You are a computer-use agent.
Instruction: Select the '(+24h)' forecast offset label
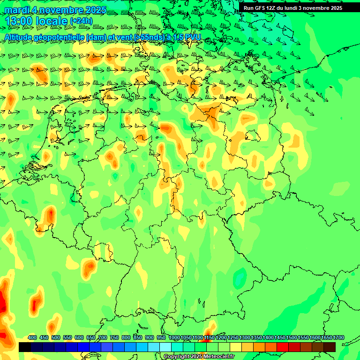81,21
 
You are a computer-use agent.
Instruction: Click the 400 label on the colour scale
32,338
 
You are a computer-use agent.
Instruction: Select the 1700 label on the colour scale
338,338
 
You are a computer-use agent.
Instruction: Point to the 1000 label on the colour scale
174,338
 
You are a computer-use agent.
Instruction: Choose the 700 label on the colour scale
103,338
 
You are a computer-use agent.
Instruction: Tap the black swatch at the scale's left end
24,347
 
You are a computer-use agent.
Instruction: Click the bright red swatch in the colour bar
283,347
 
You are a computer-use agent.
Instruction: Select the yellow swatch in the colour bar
236,347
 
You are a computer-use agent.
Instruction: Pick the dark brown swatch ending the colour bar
330,347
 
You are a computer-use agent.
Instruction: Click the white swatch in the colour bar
165,347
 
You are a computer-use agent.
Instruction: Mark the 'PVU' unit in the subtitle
193,37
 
